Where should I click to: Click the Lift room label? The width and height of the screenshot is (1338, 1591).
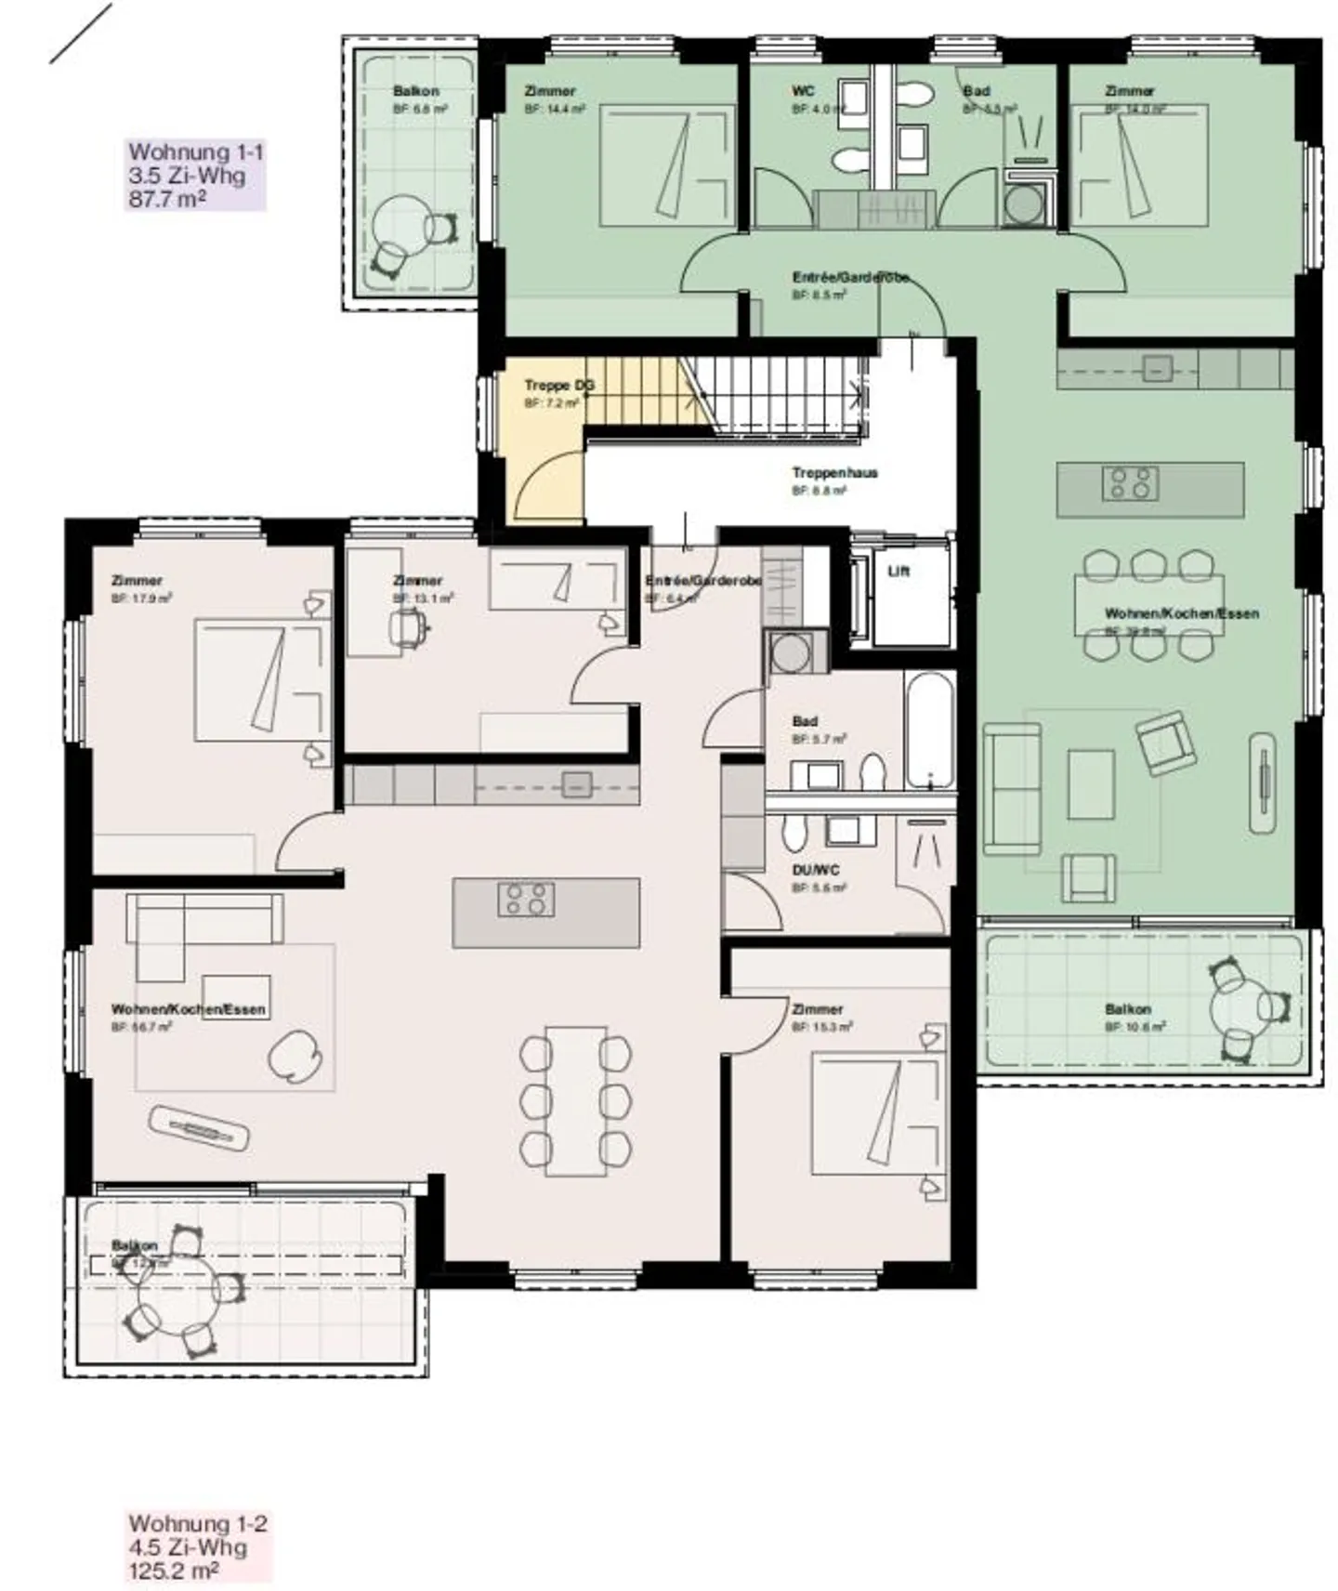pos(898,572)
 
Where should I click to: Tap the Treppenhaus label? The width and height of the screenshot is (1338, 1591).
pos(834,473)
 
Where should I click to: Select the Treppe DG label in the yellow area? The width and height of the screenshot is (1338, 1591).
pos(558,386)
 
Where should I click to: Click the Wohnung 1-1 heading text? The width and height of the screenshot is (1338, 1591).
pos(196,152)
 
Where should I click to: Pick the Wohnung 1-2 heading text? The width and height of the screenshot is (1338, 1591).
pos(198,1523)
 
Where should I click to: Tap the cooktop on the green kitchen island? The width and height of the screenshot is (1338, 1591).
pos(1129,483)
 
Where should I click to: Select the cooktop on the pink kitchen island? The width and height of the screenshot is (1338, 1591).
pos(526,900)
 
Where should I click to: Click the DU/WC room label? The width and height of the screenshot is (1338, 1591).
pos(816,871)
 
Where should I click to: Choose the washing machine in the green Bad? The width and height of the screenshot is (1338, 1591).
pos(1023,205)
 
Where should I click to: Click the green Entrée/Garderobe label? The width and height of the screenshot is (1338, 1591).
pos(849,278)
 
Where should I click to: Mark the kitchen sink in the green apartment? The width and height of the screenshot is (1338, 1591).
pos(1157,369)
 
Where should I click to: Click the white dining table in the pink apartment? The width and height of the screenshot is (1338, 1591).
pos(576,1100)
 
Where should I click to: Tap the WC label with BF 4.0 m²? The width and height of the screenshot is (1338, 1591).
pos(803,91)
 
